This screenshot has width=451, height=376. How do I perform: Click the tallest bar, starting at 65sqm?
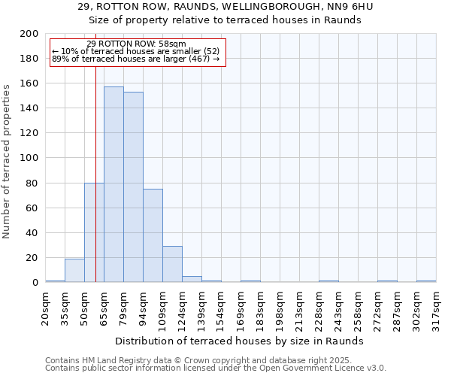click(x=114, y=184)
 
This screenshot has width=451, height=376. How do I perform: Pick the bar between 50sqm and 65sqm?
click(x=94, y=232)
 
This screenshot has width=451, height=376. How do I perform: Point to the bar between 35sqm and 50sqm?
click(x=74, y=270)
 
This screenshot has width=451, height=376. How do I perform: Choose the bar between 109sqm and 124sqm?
click(x=172, y=264)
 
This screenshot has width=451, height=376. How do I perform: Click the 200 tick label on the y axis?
click(x=29, y=34)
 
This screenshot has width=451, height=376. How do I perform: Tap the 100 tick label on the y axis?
click(x=29, y=158)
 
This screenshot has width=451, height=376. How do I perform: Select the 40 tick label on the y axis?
click(x=32, y=232)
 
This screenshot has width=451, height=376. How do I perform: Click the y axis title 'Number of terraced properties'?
click(x=7, y=161)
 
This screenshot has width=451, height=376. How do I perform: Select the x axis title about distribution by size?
click(x=240, y=341)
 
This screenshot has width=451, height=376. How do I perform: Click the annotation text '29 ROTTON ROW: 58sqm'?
click(x=136, y=44)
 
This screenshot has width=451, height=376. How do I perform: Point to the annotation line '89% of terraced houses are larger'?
click(x=135, y=59)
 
